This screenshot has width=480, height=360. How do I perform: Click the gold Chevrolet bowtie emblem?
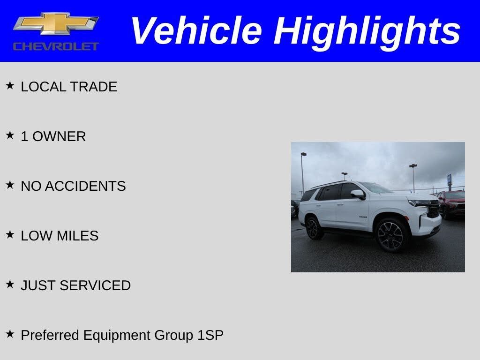point(56,23)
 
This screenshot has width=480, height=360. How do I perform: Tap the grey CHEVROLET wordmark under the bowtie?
point(56,46)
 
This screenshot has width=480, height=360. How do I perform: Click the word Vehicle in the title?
point(196,30)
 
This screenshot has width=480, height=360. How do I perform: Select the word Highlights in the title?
point(367,33)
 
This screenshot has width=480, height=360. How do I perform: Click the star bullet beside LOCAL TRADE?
point(10,85)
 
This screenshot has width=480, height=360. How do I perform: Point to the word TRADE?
point(93,87)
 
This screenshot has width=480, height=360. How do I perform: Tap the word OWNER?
point(59,136)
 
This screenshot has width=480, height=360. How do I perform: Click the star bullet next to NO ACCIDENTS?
point(10,185)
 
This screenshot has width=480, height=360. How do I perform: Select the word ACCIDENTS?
point(85,186)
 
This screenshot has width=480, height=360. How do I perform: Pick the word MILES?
point(77,236)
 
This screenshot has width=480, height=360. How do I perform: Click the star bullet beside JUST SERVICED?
point(10,284)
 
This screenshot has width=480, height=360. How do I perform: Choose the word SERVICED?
point(95,285)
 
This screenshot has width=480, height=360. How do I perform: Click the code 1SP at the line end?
point(210,335)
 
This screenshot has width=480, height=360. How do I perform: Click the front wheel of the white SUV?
point(391,235)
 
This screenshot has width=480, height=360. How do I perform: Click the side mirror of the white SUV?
point(358,194)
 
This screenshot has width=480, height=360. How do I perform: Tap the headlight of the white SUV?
point(420,203)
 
